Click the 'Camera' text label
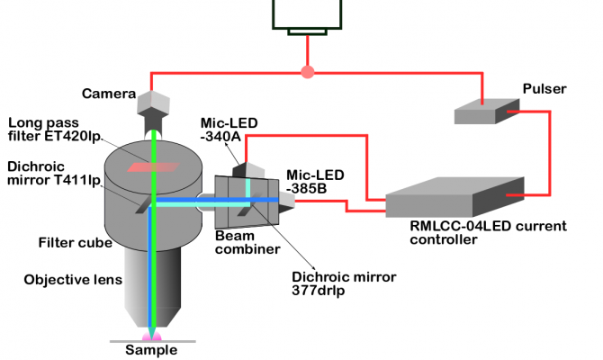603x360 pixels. (x=109, y=93)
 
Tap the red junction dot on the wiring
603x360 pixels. (x=308, y=70)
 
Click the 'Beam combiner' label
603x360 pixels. (x=244, y=242)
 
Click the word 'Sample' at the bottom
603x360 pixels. (x=151, y=350)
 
